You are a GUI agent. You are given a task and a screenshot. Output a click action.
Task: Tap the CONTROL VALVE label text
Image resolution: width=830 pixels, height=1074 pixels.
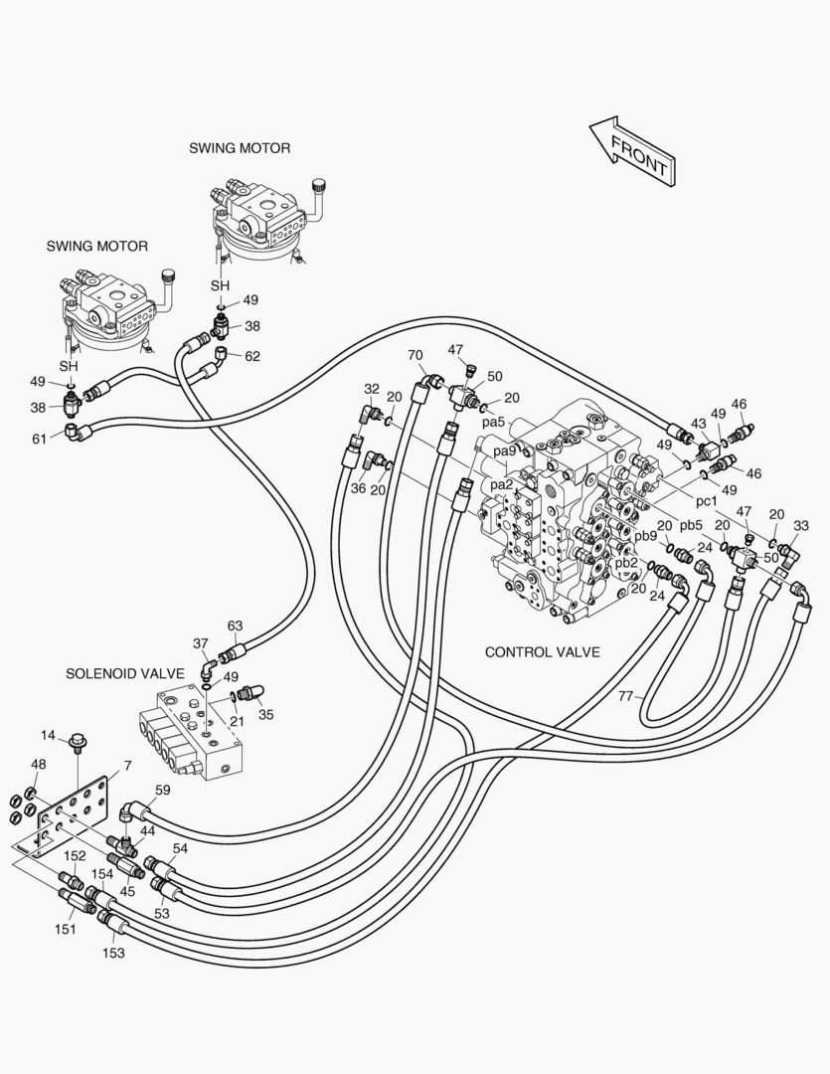(542, 652)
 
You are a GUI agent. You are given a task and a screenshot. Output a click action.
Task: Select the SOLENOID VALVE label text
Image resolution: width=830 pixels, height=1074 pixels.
(125, 673)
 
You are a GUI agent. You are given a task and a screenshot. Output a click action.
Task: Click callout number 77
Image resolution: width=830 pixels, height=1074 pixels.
(625, 696)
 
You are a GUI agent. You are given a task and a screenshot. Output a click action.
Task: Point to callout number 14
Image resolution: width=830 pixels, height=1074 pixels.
(49, 736)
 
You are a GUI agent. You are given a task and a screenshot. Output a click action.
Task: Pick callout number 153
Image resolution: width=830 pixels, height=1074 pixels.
(114, 953)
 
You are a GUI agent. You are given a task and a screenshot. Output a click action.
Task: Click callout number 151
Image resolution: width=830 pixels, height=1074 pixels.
(64, 929)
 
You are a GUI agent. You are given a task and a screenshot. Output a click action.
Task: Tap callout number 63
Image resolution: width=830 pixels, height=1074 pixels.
(235, 626)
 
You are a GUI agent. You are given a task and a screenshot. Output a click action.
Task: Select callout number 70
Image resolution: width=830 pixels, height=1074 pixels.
(415, 354)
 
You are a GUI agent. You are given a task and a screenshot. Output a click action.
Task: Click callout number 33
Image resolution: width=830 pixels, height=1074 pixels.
(801, 526)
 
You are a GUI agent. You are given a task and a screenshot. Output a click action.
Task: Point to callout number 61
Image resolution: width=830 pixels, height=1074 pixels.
(39, 438)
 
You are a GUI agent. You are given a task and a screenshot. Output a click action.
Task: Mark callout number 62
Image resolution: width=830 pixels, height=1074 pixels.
(252, 355)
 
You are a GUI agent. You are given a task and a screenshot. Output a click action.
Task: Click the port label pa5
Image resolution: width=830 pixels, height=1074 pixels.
(494, 422)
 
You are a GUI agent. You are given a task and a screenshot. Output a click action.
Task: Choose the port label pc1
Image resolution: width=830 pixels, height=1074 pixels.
(707, 500)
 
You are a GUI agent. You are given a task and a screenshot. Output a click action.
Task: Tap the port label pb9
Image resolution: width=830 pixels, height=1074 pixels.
(646, 536)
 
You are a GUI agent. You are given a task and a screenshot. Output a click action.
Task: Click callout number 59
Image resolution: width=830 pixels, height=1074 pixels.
(163, 792)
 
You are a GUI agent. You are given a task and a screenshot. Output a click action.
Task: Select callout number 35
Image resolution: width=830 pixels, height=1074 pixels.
(266, 714)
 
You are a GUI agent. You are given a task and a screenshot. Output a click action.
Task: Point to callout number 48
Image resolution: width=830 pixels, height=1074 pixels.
(39, 765)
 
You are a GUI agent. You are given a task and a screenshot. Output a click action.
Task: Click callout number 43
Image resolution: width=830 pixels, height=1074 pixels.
(699, 424)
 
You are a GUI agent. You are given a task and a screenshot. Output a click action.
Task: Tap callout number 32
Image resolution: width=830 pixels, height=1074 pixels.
(372, 389)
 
